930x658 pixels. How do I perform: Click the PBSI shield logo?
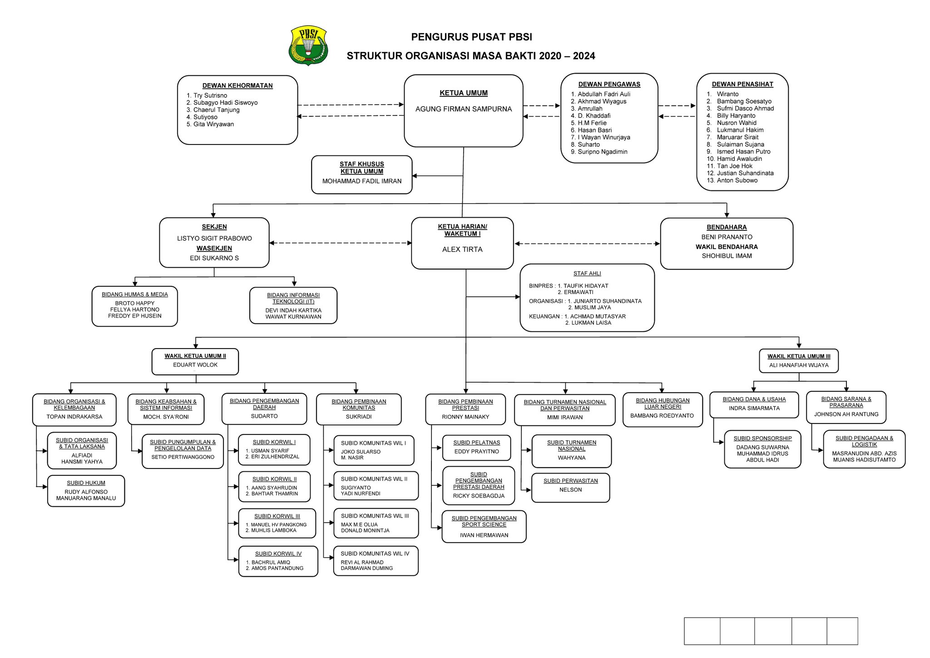click(x=308, y=45)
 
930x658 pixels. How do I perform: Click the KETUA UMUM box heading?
click(x=463, y=93)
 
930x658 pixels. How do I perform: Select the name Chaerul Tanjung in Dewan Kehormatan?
click(x=216, y=110)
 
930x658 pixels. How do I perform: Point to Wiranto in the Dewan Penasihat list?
click(x=727, y=94)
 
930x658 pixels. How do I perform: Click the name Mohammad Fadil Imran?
click(x=362, y=181)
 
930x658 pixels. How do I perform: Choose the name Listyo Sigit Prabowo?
click(x=214, y=239)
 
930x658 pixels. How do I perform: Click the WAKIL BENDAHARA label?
click(x=727, y=247)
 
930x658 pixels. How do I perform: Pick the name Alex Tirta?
click(x=462, y=249)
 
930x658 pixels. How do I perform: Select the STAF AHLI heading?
click(x=587, y=274)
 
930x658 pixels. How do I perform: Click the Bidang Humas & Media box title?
click(x=135, y=294)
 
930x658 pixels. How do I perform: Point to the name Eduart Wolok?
click(x=195, y=365)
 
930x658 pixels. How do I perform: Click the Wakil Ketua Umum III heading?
click(x=799, y=356)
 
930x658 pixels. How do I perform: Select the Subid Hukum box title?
click(x=86, y=483)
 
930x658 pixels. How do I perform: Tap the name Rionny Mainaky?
click(x=465, y=417)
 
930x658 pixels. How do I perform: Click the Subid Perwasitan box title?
click(x=570, y=481)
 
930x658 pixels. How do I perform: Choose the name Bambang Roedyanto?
click(x=662, y=416)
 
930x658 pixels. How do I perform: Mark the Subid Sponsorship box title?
click(x=762, y=439)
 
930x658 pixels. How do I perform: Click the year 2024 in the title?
click(x=584, y=56)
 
